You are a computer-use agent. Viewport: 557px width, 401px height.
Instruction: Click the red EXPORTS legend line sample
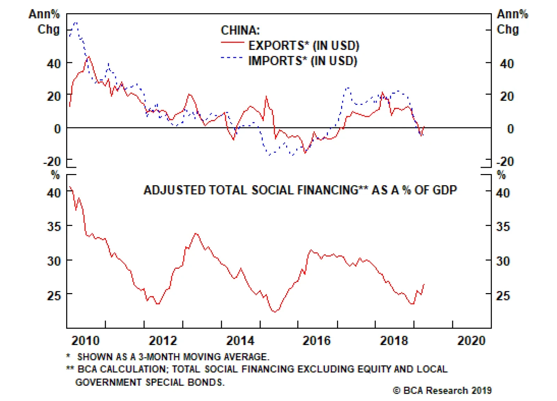(x=232, y=42)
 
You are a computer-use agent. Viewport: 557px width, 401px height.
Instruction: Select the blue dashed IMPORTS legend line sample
(x=232, y=57)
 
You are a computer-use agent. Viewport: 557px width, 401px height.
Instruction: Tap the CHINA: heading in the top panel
(x=240, y=30)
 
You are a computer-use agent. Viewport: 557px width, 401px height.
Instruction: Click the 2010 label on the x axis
(x=85, y=340)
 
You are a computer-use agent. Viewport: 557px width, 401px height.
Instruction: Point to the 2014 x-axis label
(x=240, y=340)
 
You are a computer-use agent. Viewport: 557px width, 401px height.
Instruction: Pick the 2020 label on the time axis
(x=471, y=340)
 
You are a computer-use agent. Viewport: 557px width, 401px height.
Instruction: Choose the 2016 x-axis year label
(x=316, y=340)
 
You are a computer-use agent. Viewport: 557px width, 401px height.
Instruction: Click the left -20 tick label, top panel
(x=52, y=162)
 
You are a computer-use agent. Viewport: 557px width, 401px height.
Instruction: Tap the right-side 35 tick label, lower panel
(x=503, y=227)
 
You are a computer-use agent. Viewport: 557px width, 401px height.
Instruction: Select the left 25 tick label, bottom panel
(x=54, y=296)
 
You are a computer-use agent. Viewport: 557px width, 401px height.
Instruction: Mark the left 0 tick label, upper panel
(x=57, y=129)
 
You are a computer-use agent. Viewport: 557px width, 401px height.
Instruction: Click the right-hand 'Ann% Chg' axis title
(x=512, y=22)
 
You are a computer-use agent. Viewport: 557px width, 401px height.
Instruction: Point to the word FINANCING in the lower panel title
(x=327, y=190)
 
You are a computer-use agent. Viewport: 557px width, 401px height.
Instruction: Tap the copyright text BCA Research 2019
(x=442, y=391)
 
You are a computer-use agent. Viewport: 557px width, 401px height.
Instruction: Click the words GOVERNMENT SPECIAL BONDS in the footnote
(x=150, y=382)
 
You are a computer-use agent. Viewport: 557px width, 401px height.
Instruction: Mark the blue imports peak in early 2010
(x=76, y=23)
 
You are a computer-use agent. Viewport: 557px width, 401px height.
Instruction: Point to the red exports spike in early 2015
(x=266, y=96)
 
